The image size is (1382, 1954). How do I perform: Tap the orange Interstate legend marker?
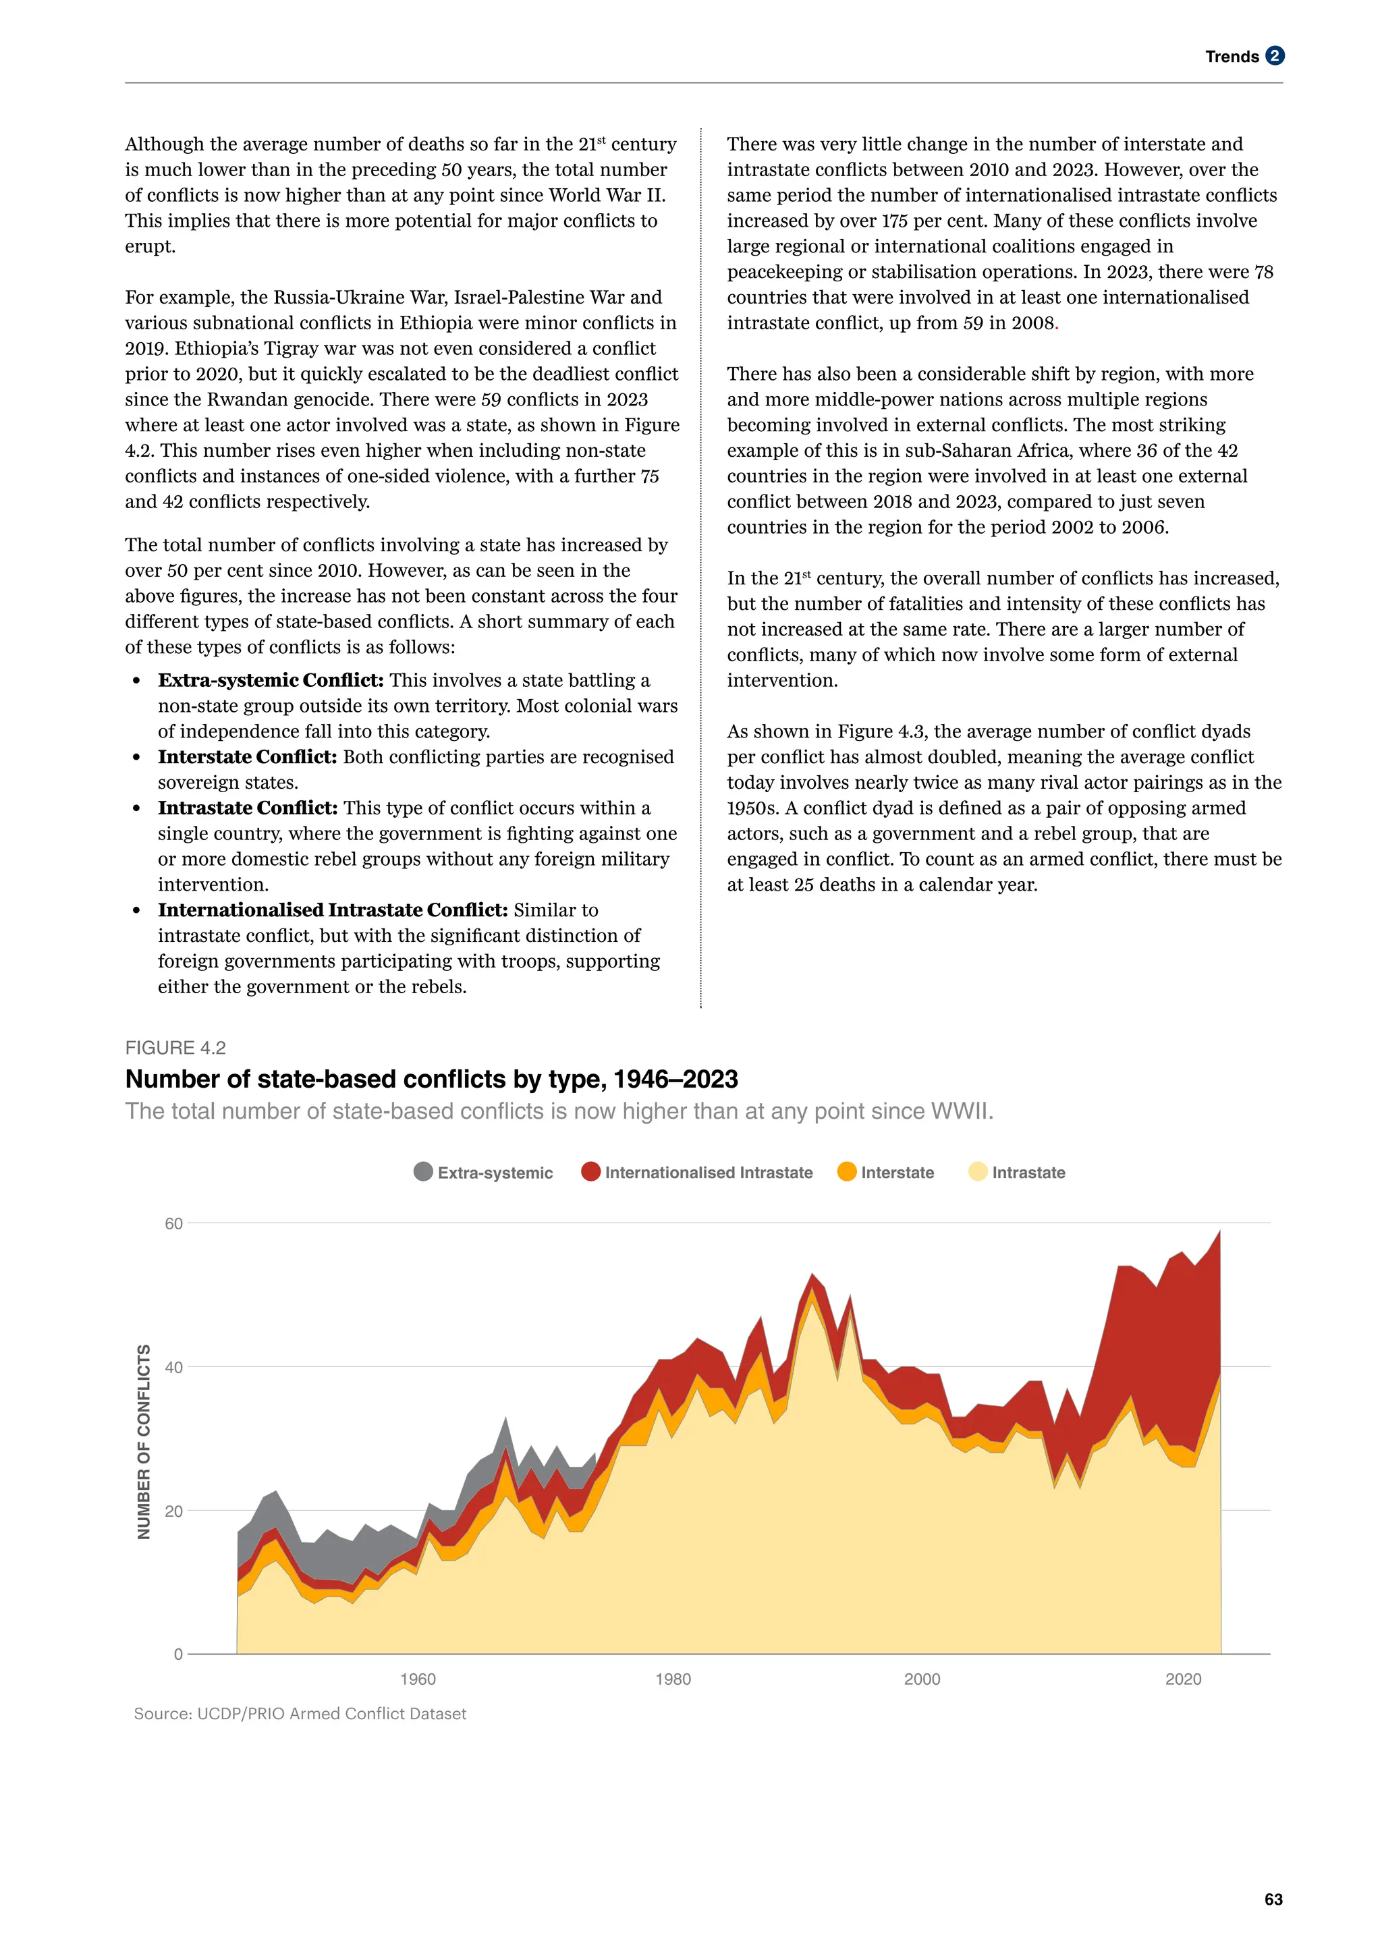[x=847, y=1172]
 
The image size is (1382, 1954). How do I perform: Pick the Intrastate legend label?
[x=1028, y=1172]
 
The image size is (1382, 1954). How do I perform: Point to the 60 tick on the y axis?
[x=173, y=1223]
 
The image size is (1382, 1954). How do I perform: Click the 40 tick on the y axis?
[x=173, y=1367]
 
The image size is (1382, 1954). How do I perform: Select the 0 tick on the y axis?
[x=178, y=1654]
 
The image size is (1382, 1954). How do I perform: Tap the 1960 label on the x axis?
[x=418, y=1679]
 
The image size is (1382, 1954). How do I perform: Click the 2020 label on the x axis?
[x=1183, y=1679]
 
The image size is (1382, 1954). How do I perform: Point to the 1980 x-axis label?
[x=673, y=1679]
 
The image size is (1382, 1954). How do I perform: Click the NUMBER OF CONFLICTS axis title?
[x=144, y=1442]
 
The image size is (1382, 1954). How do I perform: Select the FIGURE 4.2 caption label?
[x=175, y=1048]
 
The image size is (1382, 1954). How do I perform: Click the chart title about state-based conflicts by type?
[x=431, y=1079]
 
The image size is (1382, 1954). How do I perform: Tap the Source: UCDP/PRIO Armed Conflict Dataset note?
[x=300, y=1713]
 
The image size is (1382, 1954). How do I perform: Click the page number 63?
[x=1273, y=1899]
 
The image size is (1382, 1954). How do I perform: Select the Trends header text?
[x=1232, y=57]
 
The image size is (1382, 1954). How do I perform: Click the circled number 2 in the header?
[x=1275, y=56]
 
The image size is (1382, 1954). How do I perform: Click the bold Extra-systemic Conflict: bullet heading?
[x=271, y=680]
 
